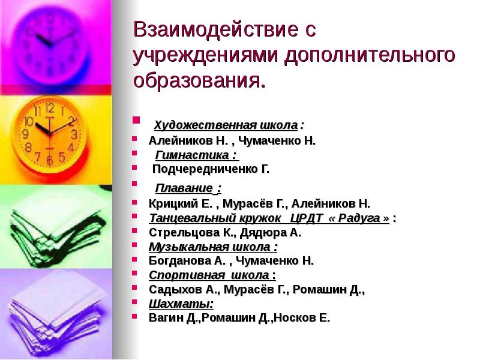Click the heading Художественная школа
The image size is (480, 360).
[x=226, y=126]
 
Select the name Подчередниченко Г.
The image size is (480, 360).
[x=211, y=170]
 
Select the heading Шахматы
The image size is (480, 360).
[x=173, y=304]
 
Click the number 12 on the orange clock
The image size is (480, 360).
[x=49, y=109]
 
